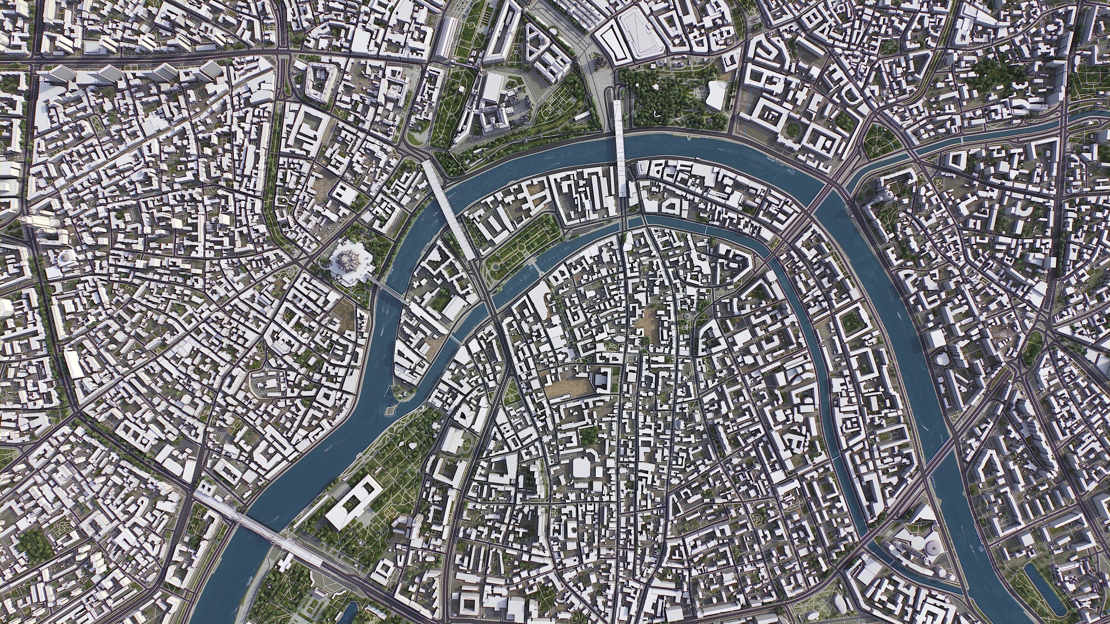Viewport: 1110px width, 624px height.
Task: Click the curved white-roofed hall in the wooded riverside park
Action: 716,95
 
